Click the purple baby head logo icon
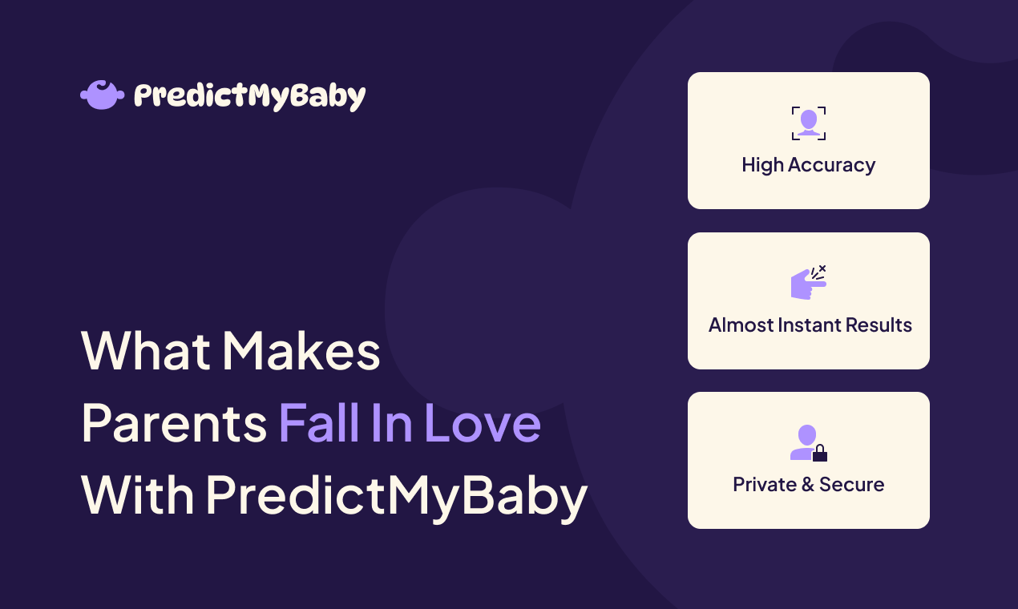103,95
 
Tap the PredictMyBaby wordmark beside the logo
249,96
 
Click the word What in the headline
144,351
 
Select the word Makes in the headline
301,351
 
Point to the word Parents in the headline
174,423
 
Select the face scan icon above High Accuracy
808,123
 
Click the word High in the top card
762,165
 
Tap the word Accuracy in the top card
831,165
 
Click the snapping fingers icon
808,283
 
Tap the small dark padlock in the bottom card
819,454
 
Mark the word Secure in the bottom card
852,485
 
